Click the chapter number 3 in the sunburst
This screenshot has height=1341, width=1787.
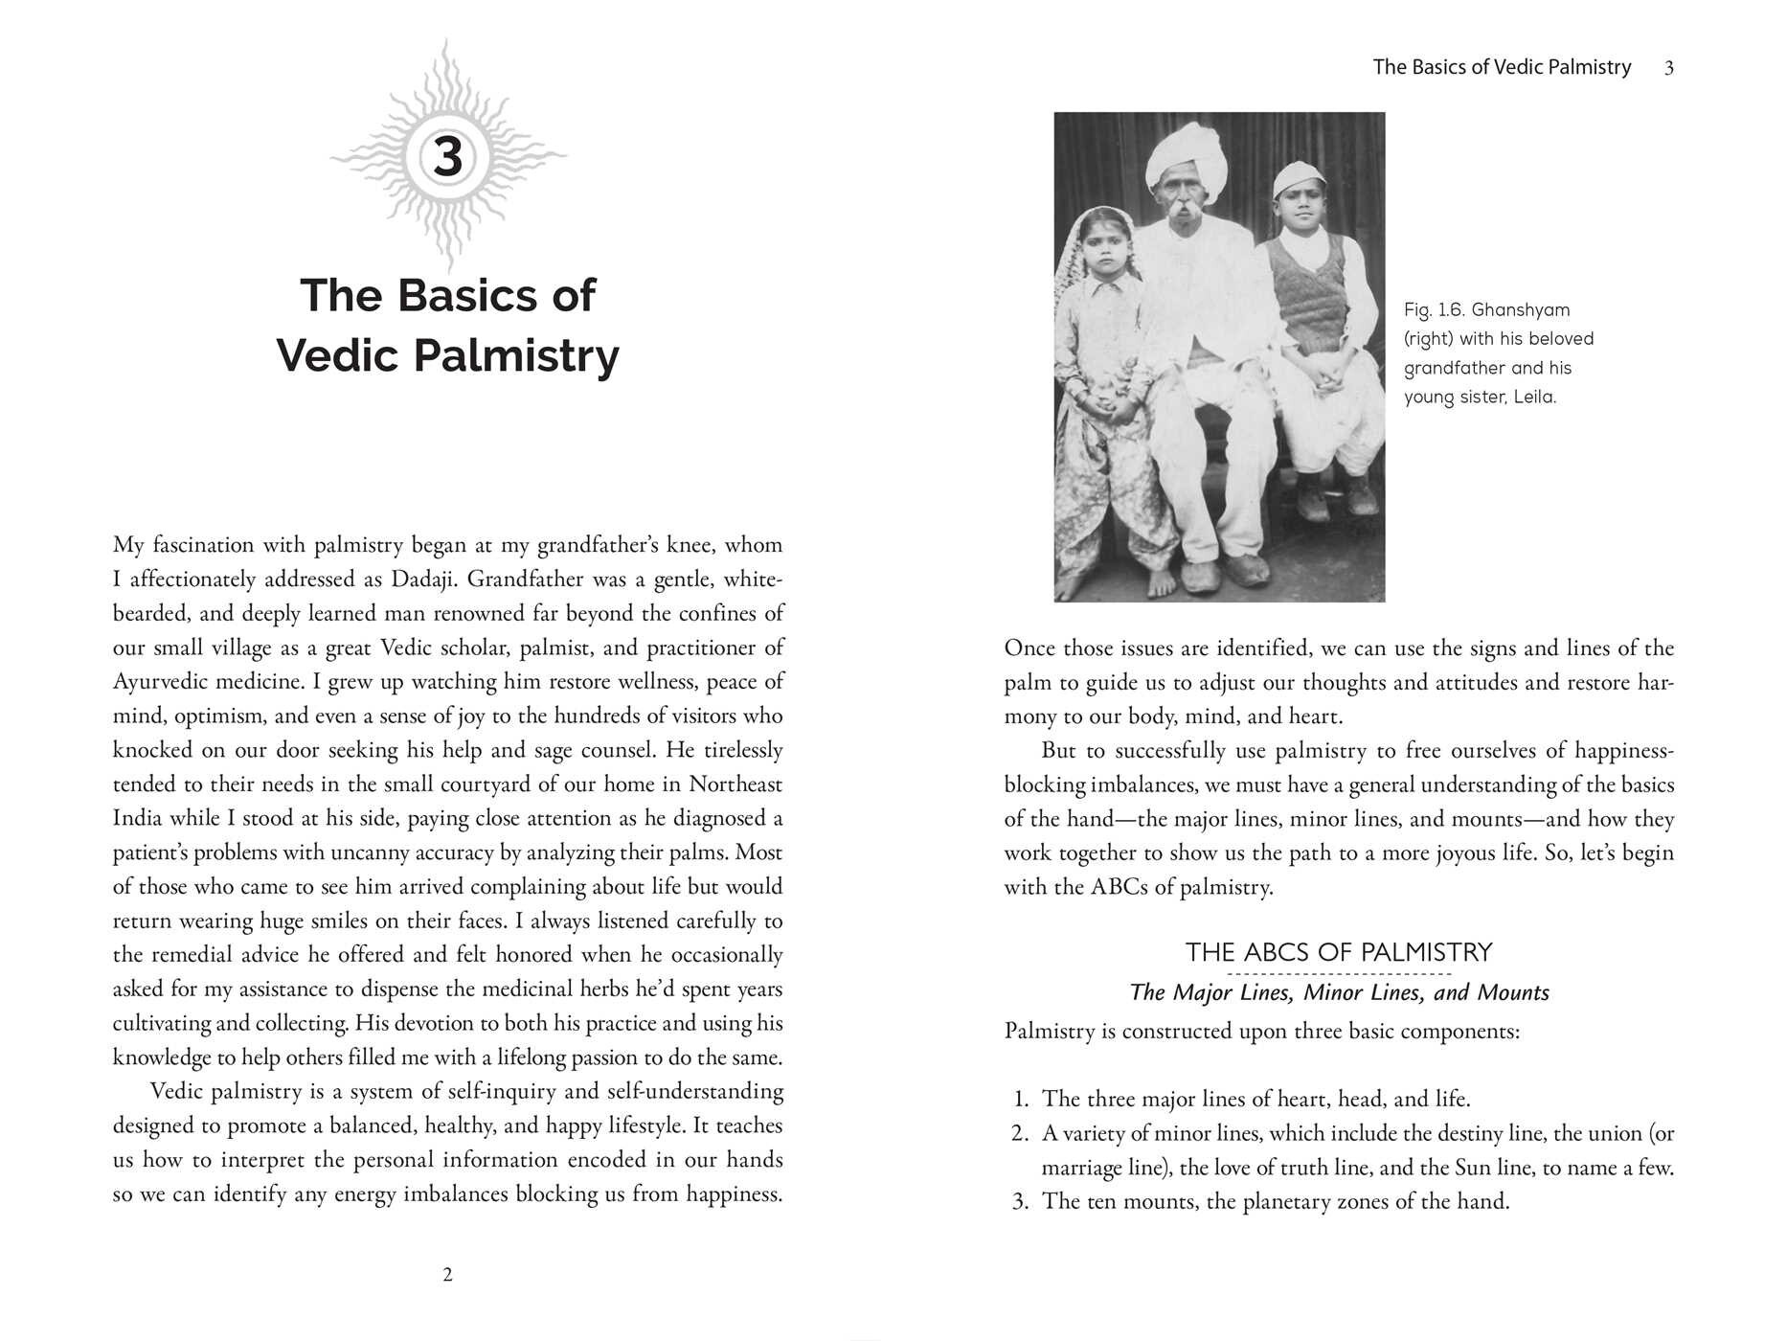click(x=447, y=157)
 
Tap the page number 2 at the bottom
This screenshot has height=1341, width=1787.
click(x=447, y=1275)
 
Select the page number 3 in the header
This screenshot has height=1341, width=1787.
click(x=1669, y=68)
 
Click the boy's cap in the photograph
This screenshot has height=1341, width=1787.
click(x=1299, y=179)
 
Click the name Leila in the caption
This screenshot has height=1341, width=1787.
click(x=1534, y=398)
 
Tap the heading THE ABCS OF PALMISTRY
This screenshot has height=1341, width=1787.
click(x=1338, y=952)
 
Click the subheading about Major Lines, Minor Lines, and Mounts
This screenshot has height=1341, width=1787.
click(x=1339, y=992)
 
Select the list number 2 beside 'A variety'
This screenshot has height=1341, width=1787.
click(x=1020, y=1134)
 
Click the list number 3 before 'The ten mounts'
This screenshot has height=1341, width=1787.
click(x=1020, y=1202)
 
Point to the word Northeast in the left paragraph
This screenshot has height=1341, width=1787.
click(x=735, y=784)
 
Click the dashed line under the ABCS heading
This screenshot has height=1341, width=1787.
click(x=1338, y=973)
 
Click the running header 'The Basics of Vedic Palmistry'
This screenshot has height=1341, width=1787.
click(x=1501, y=67)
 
